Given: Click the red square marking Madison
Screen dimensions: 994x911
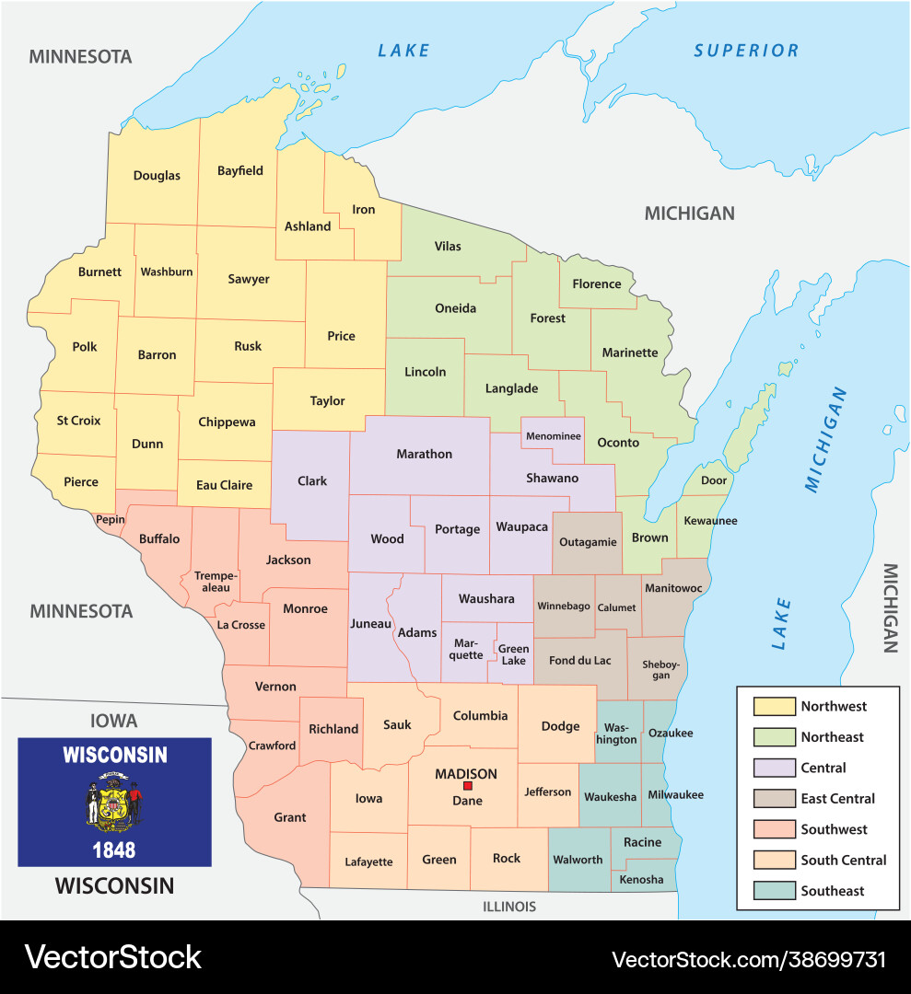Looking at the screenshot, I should (467, 786).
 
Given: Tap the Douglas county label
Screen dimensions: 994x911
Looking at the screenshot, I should (157, 176).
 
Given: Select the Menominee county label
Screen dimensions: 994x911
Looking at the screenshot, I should (554, 435).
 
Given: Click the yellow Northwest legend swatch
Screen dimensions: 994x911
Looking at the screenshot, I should (773, 707).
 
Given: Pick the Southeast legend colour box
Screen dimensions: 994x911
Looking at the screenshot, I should (773, 891).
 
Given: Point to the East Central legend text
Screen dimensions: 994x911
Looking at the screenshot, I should (837, 799).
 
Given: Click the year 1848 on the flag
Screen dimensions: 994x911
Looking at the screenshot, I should (114, 849).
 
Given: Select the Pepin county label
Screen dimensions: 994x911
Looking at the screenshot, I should (110, 520).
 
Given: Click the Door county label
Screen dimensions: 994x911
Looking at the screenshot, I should (713, 480).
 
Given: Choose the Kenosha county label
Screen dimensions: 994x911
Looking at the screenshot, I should (641, 880).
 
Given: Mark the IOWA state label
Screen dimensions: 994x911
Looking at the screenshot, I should (113, 721).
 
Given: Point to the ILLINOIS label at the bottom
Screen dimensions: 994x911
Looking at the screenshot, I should (508, 907).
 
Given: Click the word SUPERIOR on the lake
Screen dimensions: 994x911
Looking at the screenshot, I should (746, 51).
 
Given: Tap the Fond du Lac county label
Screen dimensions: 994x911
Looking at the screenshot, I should (579, 660).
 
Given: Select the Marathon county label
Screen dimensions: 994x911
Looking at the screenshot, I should (424, 454).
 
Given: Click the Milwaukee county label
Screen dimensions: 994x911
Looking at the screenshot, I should (675, 794).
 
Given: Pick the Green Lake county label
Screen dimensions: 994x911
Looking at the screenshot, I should (513, 654).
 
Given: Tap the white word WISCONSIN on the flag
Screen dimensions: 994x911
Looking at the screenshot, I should (114, 756).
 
